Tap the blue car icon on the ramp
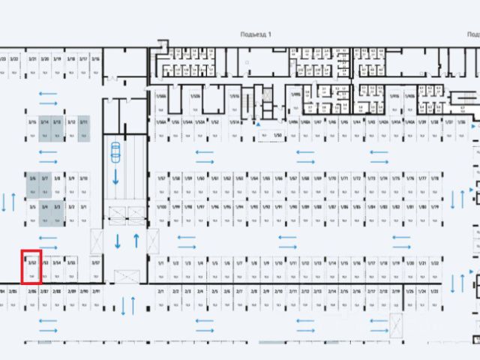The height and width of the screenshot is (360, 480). (x=116, y=150)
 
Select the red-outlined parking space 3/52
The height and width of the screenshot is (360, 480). (x=31, y=268)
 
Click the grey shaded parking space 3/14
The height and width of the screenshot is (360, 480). (x=45, y=129)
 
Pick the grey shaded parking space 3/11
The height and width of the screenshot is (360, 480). (x=84, y=129)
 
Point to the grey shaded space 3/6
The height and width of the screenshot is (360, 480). (x=32, y=184)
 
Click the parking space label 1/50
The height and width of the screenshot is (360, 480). (x=277, y=135)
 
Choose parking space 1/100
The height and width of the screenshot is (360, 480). (x=161, y=213)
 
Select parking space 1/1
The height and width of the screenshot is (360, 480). (x=161, y=269)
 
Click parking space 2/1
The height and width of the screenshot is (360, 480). (x=161, y=297)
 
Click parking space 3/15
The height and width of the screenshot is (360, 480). (x=32, y=129)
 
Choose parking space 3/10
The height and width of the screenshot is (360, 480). (x=84, y=184)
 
